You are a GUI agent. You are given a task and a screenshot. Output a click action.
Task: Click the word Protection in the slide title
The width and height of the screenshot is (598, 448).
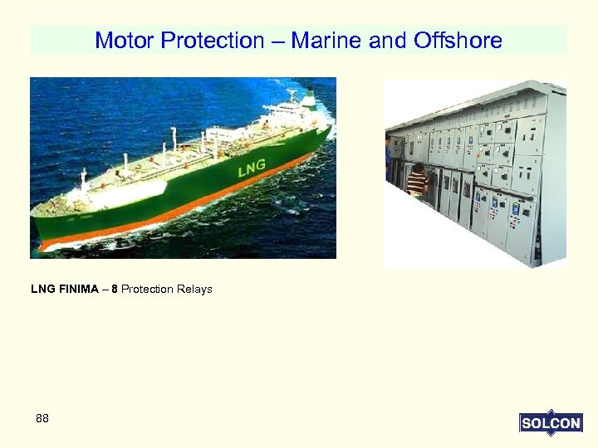click(x=218, y=40)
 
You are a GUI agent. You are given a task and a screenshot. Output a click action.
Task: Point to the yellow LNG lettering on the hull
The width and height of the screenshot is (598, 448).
click(x=252, y=169)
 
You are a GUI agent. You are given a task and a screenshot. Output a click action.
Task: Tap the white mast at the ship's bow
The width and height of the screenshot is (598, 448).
click(x=83, y=178)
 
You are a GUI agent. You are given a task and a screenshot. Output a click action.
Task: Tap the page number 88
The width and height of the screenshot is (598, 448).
click(x=42, y=419)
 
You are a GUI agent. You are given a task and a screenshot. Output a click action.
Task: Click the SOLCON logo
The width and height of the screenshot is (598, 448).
click(x=550, y=423)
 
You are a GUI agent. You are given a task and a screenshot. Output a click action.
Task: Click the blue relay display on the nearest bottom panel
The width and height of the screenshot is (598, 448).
click(x=524, y=211)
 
